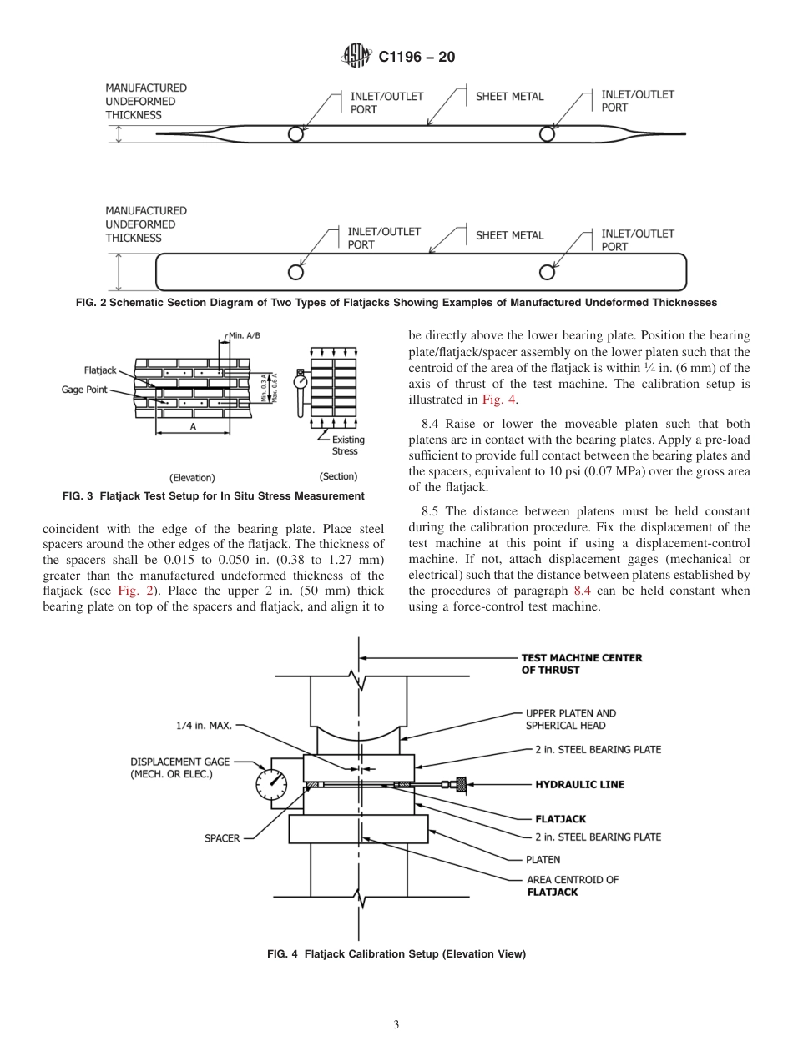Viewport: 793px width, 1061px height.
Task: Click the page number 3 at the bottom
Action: pos(396,1024)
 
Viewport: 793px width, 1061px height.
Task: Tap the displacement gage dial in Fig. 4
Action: pos(270,784)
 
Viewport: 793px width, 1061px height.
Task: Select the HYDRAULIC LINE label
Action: pos(579,784)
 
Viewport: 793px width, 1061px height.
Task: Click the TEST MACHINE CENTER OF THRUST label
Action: pos(582,664)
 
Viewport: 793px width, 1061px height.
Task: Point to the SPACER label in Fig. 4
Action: pos(222,838)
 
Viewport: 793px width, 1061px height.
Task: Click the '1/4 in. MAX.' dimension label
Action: pos(204,726)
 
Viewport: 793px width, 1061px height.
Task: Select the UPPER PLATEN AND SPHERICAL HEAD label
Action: pos(571,719)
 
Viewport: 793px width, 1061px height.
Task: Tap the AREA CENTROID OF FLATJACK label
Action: pos(572,886)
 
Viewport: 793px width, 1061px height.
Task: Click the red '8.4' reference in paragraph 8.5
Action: pos(583,591)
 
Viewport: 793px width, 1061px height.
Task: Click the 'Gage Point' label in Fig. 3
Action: pos(84,390)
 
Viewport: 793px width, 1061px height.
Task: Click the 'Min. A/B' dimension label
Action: pos(245,335)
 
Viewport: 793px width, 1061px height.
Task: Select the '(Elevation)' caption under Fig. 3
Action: pos(192,478)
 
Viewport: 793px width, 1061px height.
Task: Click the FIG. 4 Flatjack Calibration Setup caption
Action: pos(396,953)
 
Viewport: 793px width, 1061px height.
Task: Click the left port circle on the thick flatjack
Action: pos(295,272)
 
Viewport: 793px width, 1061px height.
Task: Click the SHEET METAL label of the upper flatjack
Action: pos(509,96)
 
